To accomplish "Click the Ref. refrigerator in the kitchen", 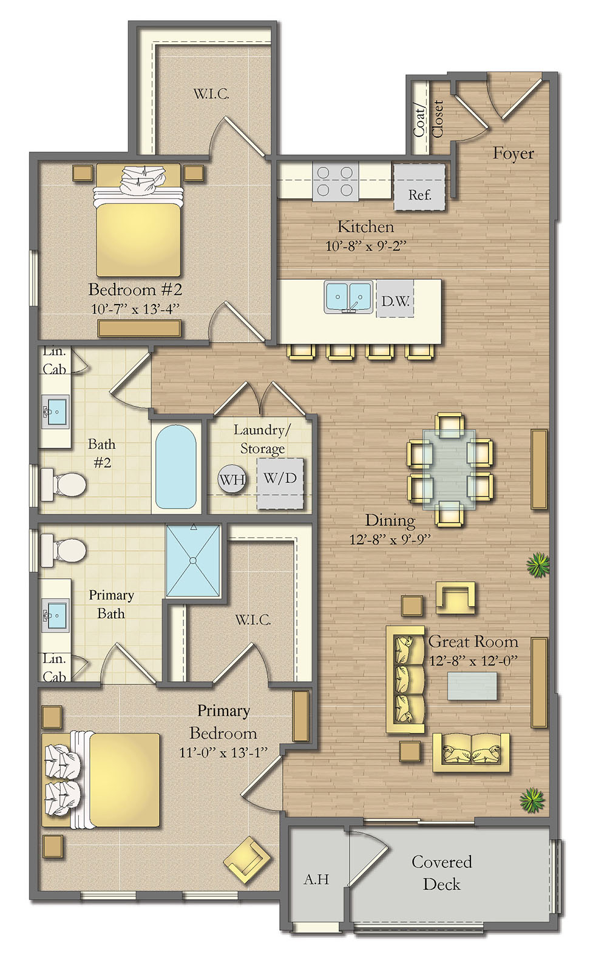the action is click(x=419, y=187).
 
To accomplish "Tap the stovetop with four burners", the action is click(x=336, y=181).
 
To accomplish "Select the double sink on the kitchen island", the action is click(x=348, y=297).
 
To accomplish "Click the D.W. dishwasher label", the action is click(x=395, y=301).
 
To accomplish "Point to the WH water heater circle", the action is click(x=232, y=479).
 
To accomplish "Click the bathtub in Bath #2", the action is click(x=176, y=467).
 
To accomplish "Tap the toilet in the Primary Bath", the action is click(x=63, y=550).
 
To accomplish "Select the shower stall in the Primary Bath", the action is click(x=192, y=561).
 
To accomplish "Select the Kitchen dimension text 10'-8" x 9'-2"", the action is click(x=366, y=246).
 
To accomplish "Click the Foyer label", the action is click(x=513, y=153).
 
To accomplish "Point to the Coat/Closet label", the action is click(x=429, y=119).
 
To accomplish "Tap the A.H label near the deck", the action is click(x=316, y=879).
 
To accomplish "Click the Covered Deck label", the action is click(x=441, y=872).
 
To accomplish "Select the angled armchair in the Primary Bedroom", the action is click(x=247, y=860).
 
